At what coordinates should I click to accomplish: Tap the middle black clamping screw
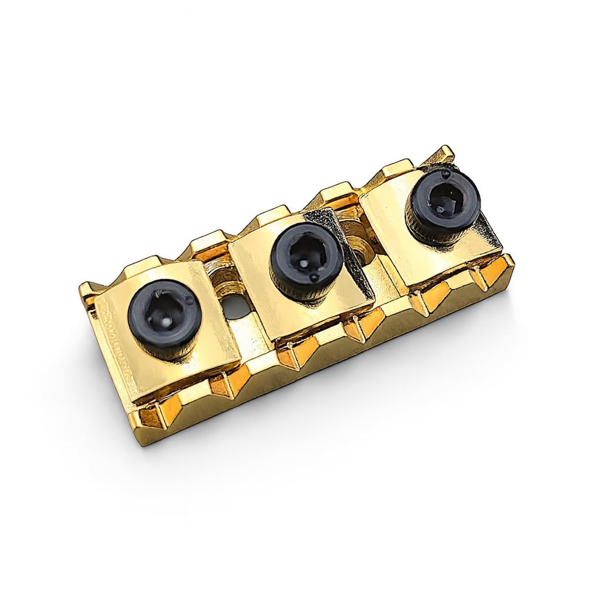(x=306, y=254)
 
